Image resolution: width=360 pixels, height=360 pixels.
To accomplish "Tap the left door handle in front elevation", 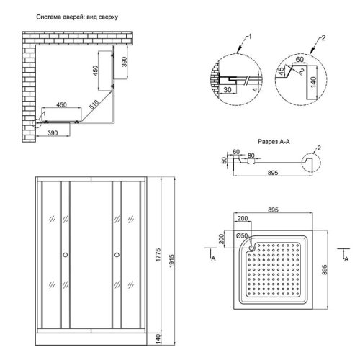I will (66, 254).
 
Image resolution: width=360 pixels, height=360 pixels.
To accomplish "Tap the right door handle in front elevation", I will (114, 254).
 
